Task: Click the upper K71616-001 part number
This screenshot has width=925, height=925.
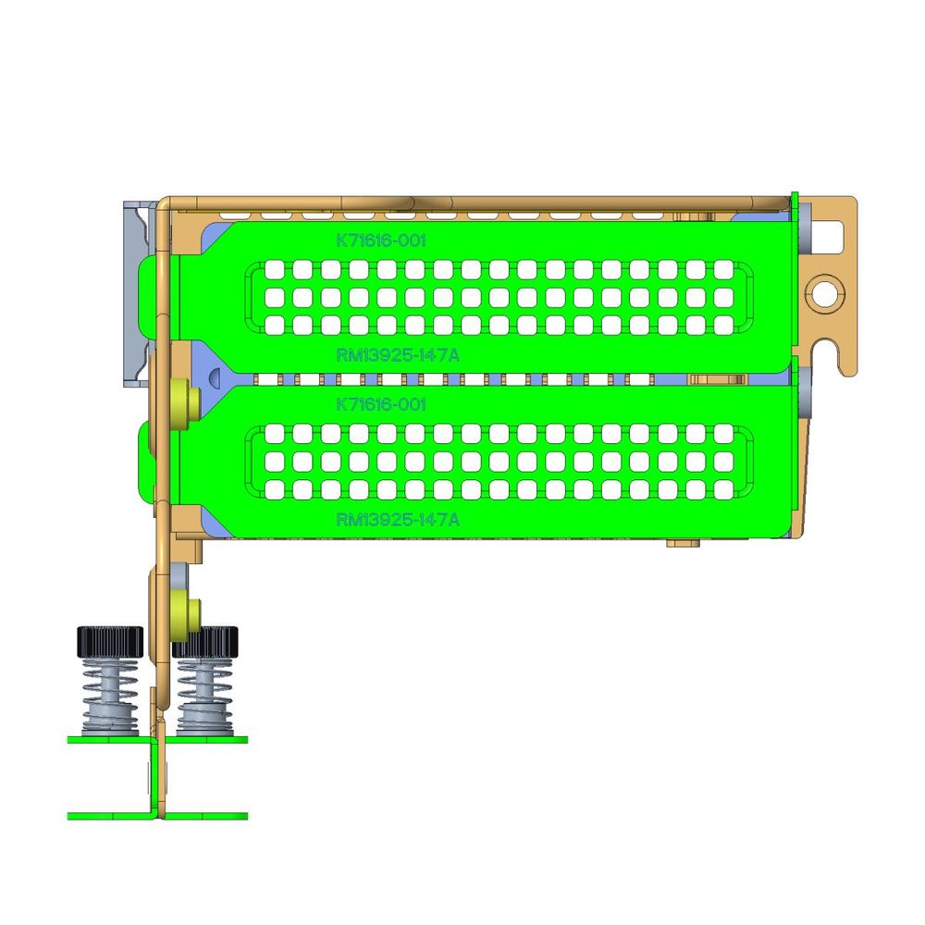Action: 380,240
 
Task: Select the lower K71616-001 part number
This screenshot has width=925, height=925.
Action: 380,405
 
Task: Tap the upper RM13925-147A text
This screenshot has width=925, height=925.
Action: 398,355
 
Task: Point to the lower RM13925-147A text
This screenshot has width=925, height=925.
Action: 398,519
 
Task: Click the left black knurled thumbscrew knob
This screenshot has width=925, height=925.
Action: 110,641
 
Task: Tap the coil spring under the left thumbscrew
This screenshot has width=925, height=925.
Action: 110,697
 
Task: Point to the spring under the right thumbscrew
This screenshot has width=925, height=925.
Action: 205,697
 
